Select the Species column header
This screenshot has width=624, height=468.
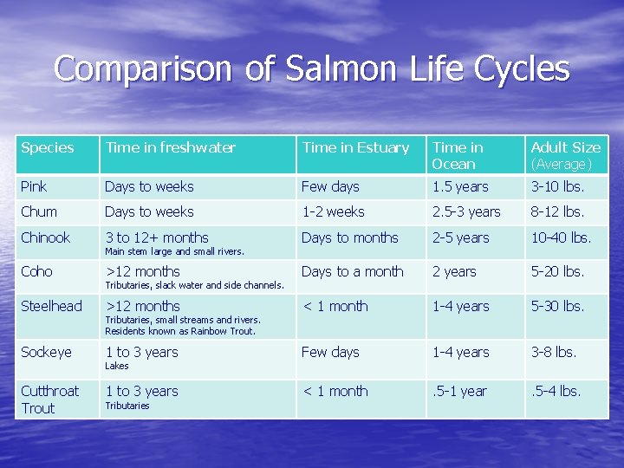click(48, 147)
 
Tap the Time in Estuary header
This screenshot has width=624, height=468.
click(355, 147)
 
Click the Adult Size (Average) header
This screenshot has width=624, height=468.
click(565, 155)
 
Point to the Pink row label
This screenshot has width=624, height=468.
click(34, 186)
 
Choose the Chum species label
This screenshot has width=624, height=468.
click(39, 211)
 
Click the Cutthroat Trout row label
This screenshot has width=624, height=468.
click(49, 400)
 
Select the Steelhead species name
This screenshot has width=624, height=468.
click(51, 306)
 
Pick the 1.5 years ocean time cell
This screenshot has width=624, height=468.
click(460, 186)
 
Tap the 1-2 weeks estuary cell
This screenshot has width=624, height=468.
click(333, 211)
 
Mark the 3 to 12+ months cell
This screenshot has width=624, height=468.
click(157, 237)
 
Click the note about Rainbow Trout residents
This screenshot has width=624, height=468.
click(180, 330)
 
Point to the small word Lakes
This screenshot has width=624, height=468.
click(116, 366)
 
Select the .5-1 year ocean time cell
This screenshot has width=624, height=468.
click(459, 391)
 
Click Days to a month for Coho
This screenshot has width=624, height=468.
click(352, 271)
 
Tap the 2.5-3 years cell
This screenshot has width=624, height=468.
click(466, 211)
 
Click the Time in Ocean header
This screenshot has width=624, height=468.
click(458, 155)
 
